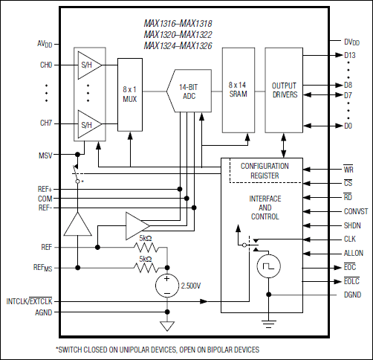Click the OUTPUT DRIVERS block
(284, 90)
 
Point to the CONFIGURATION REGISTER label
(264, 170)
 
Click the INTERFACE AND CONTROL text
(264, 208)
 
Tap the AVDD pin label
(45, 44)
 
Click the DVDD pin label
(352, 42)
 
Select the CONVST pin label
(346, 211)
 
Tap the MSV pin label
(45, 155)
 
